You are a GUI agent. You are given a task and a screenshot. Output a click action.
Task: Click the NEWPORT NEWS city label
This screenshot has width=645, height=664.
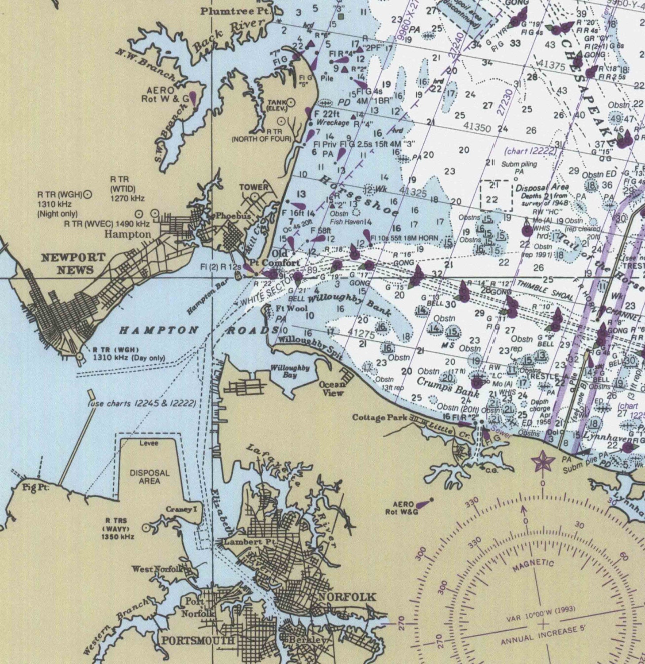(73, 263)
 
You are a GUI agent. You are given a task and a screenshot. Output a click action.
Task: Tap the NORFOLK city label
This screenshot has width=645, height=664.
(347, 597)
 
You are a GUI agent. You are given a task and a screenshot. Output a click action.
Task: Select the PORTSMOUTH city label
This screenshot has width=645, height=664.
(198, 641)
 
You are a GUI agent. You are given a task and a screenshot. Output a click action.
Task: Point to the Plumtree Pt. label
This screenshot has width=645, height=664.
(234, 11)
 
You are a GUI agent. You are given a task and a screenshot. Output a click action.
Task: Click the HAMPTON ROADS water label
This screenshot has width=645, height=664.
(199, 330)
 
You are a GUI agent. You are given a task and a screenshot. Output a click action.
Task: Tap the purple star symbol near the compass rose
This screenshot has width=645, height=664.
(542, 462)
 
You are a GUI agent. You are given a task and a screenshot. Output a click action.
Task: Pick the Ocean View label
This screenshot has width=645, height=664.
(333, 389)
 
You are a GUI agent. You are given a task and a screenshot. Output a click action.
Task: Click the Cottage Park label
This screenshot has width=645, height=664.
(380, 417)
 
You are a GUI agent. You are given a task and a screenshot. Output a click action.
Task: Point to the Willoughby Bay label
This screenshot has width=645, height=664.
(290, 371)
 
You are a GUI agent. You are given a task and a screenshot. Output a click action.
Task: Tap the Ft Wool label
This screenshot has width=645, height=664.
(292, 309)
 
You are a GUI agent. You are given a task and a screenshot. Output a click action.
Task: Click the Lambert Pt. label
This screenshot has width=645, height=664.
(250, 542)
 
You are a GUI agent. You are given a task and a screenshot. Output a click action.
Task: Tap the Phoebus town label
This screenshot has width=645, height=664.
(233, 216)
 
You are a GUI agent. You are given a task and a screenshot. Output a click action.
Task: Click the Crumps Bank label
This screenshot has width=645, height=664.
(448, 386)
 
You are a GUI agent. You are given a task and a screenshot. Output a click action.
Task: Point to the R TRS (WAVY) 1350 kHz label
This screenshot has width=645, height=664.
(117, 529)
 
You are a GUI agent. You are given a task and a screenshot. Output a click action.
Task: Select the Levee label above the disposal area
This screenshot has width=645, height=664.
(149, 443)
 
